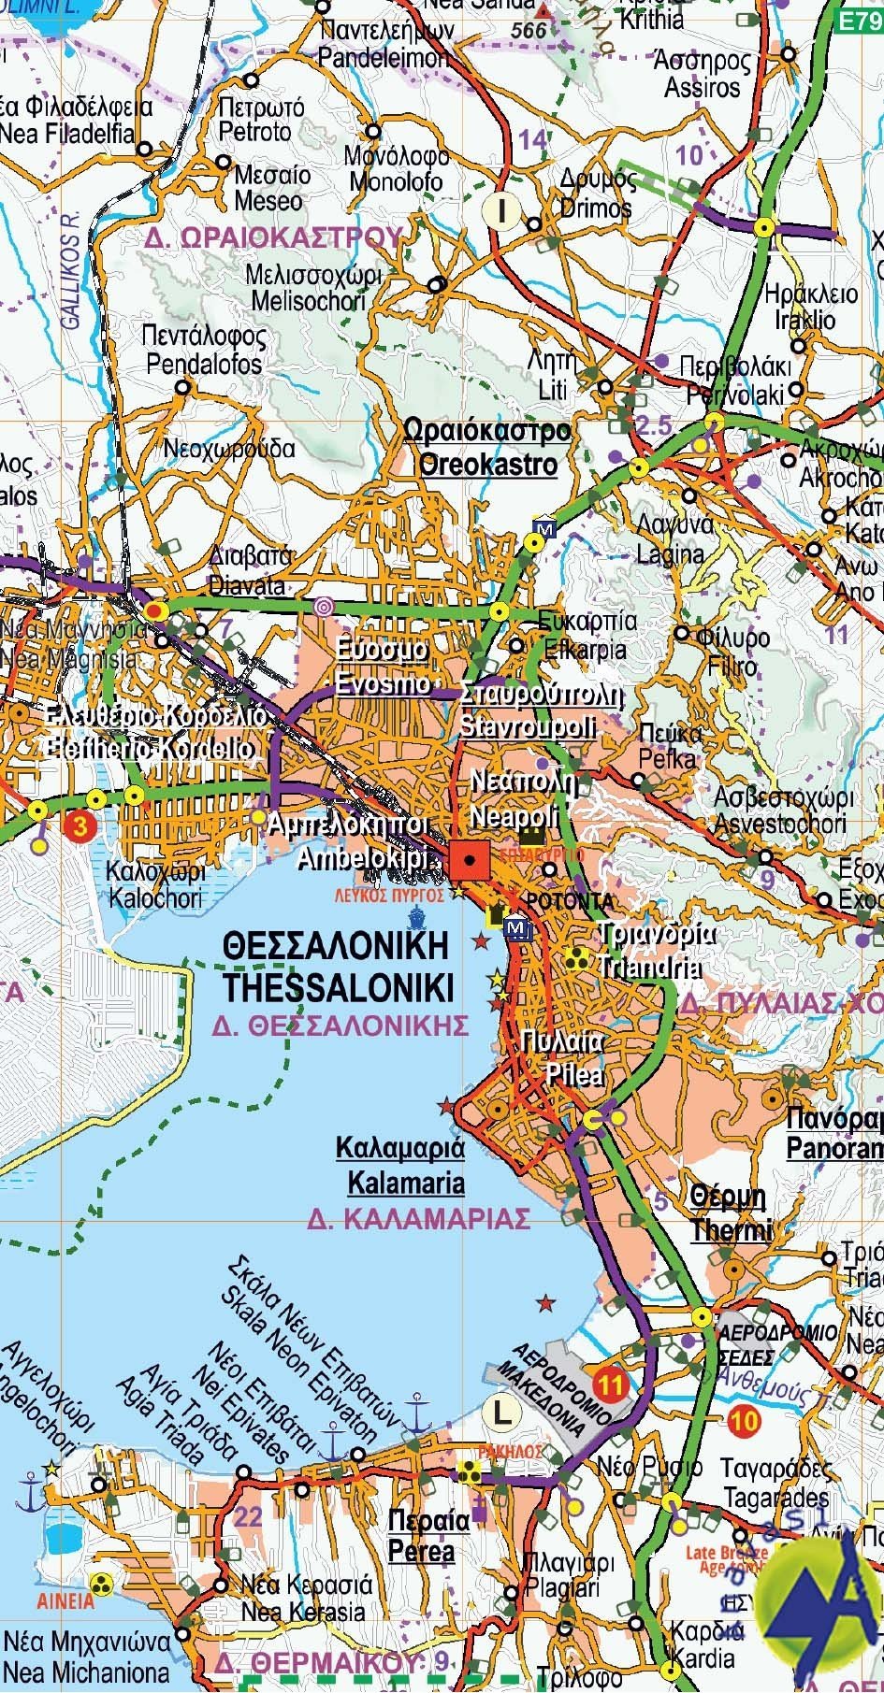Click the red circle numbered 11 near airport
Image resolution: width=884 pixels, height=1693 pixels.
coord(612,1385)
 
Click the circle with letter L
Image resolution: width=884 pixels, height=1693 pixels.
coord(503,1412)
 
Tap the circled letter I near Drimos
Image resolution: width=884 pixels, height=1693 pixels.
coord(502,211)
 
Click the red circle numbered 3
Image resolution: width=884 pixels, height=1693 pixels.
coord(81,826)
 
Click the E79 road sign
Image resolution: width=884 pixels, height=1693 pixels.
coord(858,18)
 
